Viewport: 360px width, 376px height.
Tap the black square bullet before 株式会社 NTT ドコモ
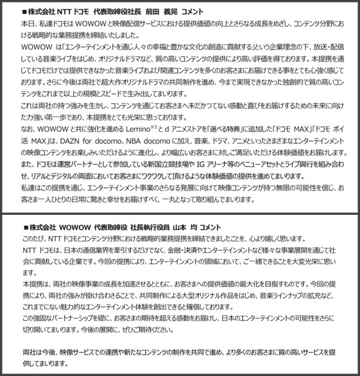point(16,11)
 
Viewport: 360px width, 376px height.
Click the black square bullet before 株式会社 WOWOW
point(16,226)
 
